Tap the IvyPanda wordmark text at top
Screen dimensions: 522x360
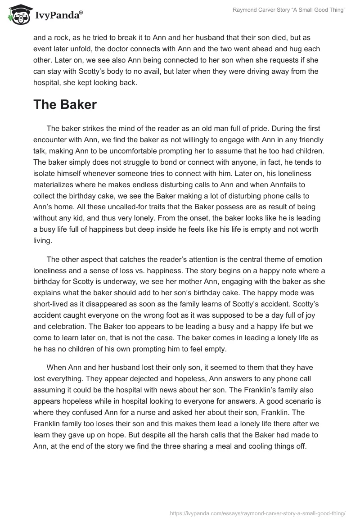pyautogui.click(x=59, y=15)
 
